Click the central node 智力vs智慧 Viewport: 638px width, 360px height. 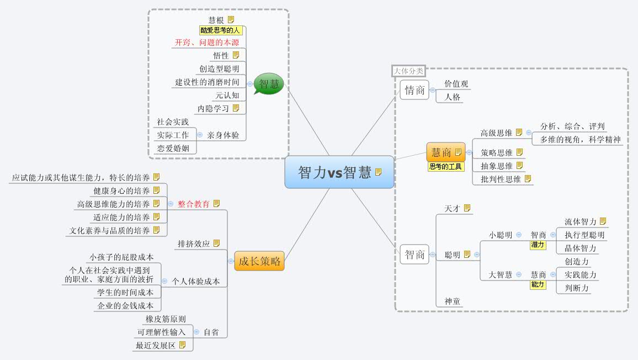tap(339, 172)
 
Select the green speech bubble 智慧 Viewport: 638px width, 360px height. tap(269, 84)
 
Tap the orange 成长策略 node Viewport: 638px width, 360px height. tap(259, 261)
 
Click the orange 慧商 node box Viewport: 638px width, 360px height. tap(445, 152)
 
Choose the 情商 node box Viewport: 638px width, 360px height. tap(414, 90)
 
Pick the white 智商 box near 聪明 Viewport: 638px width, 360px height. tap(414, 255)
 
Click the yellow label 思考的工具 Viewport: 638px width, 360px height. tap(445, 167)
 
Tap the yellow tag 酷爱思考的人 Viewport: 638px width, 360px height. tap(221, 30)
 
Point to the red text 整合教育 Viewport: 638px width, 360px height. tap(194, 204)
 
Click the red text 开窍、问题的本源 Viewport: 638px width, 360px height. tap(207, 43)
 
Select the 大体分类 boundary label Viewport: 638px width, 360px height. tap(408, 71)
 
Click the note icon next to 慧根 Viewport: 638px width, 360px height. tap(231, 19)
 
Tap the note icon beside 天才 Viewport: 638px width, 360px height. tap(467, 208)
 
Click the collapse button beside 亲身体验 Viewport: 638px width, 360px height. tap(200, 135)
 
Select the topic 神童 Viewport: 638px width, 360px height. tap(453, 301)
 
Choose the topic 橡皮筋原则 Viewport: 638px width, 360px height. tap(166, 319)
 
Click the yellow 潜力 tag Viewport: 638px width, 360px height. tap(538, 245)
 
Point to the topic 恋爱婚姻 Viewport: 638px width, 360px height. tap(173, 148)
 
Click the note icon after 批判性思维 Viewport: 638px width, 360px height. tap(528, 179)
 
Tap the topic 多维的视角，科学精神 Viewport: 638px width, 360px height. tap(580, 140)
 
